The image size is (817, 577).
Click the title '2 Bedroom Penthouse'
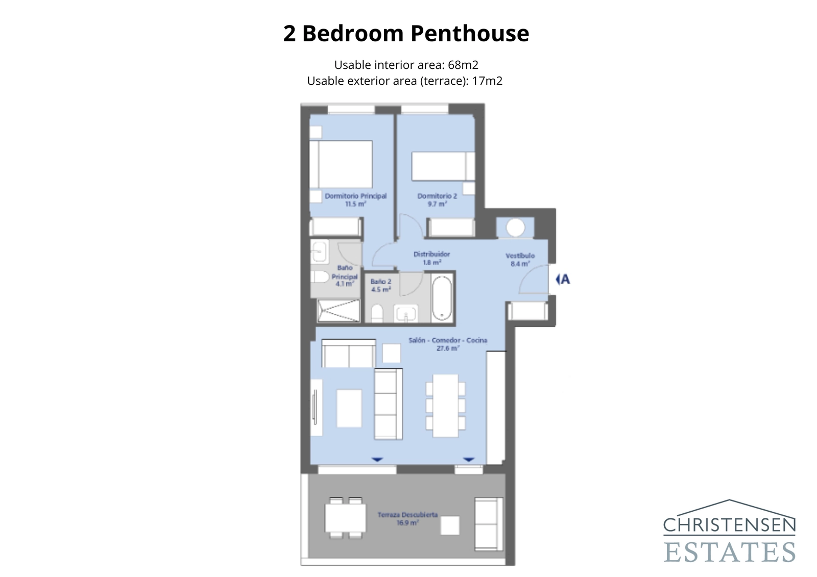pyautogui.click(x=406, y=34)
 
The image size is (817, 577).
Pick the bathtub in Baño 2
pyautogui.click(x=442, y=298)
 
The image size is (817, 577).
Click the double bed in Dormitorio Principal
pyautogui.click(x=341, y=164)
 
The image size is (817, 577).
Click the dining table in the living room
pyautogui.click(x=445, y=406)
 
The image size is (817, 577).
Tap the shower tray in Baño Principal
pyautogui.click(x=338, y=311)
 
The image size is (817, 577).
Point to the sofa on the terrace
pyautogui.click(x=488, y=523)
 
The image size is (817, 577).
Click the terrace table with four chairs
pyautogui.click(x=345, y=518)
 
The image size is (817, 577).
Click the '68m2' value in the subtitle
pyautogui.click(x=463, y=65)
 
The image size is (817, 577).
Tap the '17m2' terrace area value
pyautogui.click(x=487, y=81)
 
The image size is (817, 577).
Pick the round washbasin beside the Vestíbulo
pyautogui.click(x=515, y=228)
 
